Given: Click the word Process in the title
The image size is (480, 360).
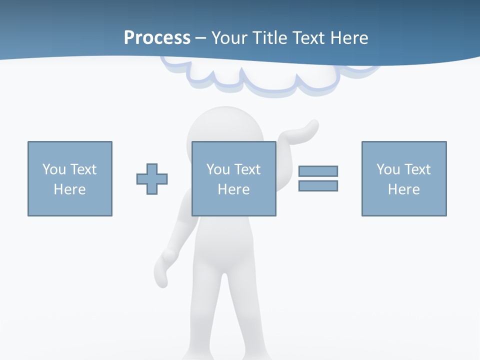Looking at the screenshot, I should point(157,38).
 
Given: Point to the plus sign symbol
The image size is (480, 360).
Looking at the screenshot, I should point(152,179).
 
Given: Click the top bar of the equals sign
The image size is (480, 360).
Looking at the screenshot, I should point(318,171).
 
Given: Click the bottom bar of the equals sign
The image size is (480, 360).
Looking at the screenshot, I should point(318,185).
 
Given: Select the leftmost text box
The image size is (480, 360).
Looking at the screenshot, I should point(70,178).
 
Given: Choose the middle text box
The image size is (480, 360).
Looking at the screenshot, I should point(234,178).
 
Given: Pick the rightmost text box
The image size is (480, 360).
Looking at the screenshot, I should point(404,178).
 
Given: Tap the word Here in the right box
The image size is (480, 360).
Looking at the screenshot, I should point(404,189).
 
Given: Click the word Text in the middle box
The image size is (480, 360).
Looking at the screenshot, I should point(247,169).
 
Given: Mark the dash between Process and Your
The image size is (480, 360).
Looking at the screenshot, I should point(201,38).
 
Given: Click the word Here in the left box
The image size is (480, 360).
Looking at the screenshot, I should point(70,189).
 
